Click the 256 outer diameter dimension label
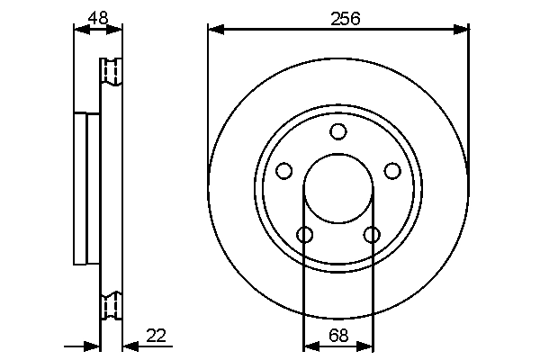coord(338,17)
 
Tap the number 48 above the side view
coord(97,16)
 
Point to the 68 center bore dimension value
coord(338,336)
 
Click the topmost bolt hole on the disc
coord(338,132)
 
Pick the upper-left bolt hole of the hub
coord(284,171)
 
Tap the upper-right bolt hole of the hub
coord(392,171)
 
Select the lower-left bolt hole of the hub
coord(305,235)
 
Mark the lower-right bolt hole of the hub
coord(372,235)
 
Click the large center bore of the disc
coord(338,189)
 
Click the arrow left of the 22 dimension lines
coord(91,346)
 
